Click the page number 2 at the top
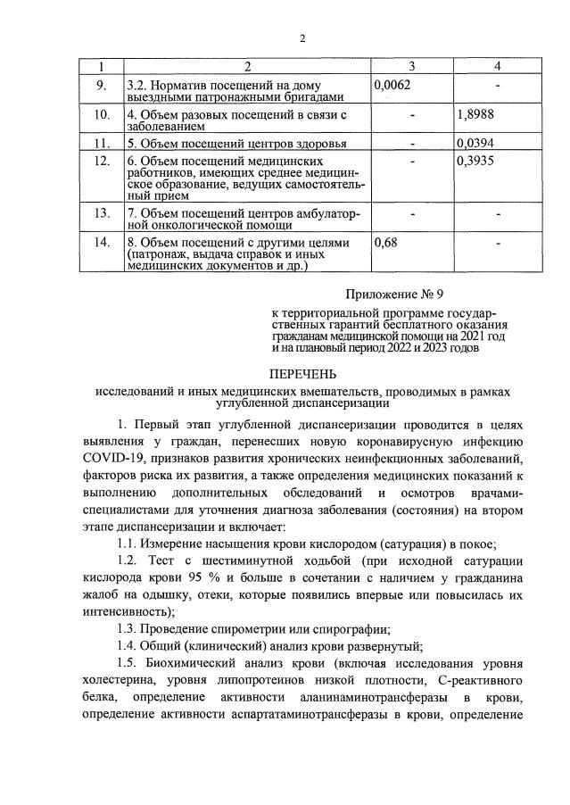302,38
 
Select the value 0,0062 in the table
392,84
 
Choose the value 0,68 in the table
385,242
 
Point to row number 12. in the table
101,161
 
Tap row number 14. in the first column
101,242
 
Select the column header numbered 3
411,66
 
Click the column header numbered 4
497,66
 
